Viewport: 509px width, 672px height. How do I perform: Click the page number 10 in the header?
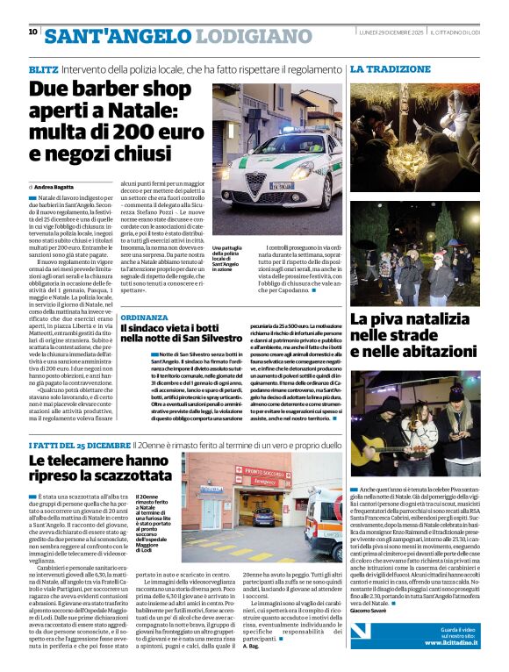click(32, 32)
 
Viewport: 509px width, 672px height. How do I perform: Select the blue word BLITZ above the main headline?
click(44, 68)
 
